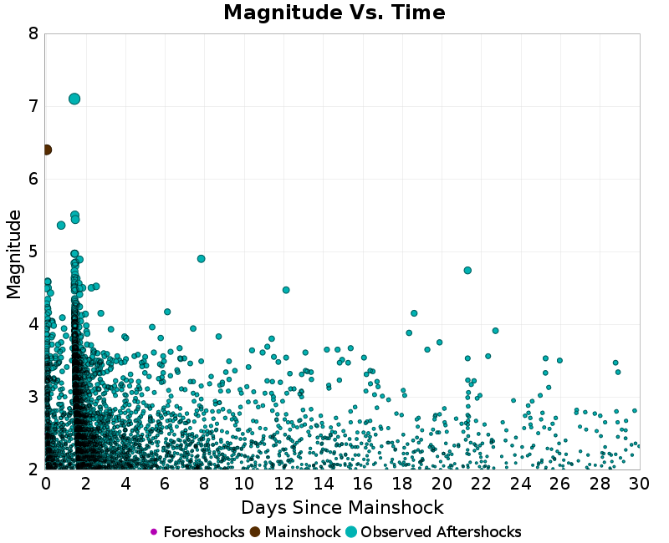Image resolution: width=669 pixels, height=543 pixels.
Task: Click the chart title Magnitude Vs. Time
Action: (x=334, y=13)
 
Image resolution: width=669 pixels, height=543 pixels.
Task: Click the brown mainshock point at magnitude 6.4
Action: (x=46, y=150)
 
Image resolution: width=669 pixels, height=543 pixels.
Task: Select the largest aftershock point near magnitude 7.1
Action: (x=74, y=99)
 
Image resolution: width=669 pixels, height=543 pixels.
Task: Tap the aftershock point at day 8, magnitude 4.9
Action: (x=201, y=259)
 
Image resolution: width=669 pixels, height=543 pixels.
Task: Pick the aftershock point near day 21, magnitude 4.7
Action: (x=467, y=271)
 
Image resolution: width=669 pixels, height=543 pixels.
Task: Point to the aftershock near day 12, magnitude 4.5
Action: (x=286, y=290)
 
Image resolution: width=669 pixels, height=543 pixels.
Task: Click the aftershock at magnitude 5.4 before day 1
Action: (x=61, y=225)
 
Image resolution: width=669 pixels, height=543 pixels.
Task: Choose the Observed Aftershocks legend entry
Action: (x=433, y=532)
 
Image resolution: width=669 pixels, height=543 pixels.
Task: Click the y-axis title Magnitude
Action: (x=14, y=254)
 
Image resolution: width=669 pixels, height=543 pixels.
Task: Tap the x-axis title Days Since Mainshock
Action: (x=342, y=507)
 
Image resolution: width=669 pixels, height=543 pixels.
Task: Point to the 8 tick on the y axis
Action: (x=33, y=33)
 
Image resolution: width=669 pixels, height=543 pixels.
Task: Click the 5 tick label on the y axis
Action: (x=33, y=251)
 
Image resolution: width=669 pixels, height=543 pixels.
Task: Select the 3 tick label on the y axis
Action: (x=33, y=397)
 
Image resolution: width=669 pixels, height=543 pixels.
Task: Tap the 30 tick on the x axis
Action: (x=640, y=484)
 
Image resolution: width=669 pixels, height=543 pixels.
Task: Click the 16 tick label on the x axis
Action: (x=362, y=484)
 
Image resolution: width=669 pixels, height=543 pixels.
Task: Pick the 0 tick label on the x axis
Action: (x=46, y=484)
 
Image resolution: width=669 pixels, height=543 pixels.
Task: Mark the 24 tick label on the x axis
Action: (x=521, y=484)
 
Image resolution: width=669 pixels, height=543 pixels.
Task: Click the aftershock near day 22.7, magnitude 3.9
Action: (x=495, y=331)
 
